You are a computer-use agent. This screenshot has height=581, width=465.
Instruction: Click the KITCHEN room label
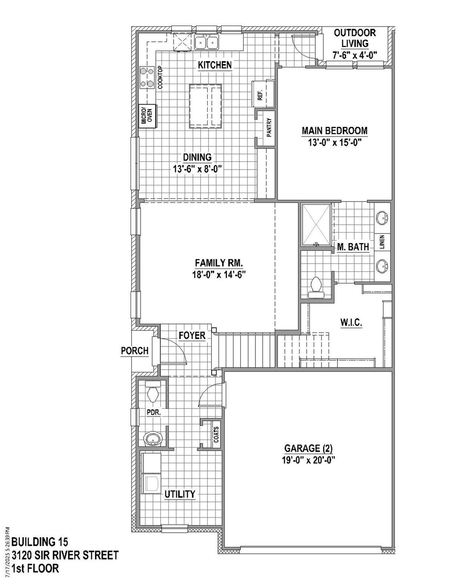(x=215, y=65)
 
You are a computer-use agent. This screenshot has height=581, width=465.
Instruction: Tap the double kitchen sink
(x=206, y=42)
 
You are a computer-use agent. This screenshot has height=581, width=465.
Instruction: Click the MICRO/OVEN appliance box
(x=147, y=116)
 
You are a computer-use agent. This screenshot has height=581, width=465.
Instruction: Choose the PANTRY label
(x=269, y=127)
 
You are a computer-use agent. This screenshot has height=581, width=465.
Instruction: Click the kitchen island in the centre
(x=205, y=106)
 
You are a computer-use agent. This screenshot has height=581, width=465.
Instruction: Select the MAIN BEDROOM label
(x=335, y=130)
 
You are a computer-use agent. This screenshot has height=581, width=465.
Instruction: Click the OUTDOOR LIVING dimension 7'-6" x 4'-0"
(x=355, y=55)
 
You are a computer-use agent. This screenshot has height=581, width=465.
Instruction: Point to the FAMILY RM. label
(x=219, y=263)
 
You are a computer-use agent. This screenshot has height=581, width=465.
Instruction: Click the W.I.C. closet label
(x=351, y=322)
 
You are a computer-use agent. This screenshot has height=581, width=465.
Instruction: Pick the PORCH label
(x=135, y=351)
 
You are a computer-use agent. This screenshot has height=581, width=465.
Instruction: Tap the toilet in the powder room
(x=152, y=392)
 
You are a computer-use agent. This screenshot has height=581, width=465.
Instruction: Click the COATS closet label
(x=217, y=434)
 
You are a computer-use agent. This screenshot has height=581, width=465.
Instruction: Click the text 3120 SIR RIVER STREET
(x=65, y=555)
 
